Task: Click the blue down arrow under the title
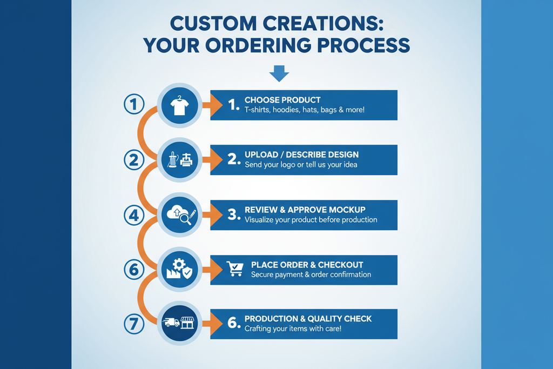click(279, 73)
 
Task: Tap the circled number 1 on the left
click(133, 104)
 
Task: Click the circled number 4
click(133, 216)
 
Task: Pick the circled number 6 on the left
click(133, 267)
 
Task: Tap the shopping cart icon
click(235, 269)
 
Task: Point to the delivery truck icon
click(171, 323)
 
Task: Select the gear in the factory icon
click(178, 264)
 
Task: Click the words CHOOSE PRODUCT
click(282, 100)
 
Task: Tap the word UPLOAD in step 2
click(261, 155)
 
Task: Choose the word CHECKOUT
click(340, 265)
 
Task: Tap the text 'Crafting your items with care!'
click(293, 328)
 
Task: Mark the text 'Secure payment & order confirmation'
click(311, 274)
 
